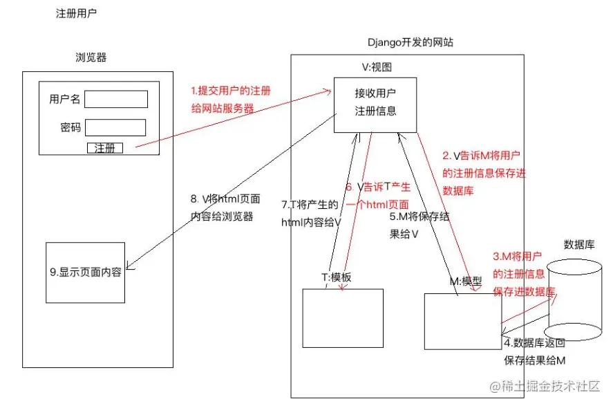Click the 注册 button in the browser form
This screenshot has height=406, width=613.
coord(104,147)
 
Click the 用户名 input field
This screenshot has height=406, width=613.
coord(116,99)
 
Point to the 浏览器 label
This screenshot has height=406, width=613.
coord(91,57)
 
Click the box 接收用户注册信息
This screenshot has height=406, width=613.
coord(375,104)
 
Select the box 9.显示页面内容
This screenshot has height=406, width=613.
coord(86,272)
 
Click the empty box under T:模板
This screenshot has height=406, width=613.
coord(342,317)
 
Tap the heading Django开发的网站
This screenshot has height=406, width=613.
coord(411,43)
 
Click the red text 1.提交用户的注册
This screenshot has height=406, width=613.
coord(231,91)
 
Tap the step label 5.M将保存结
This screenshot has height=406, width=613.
coord(419,216)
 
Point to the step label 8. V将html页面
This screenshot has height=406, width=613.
coord(225,199)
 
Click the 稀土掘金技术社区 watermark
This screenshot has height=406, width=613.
coord(545,387)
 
